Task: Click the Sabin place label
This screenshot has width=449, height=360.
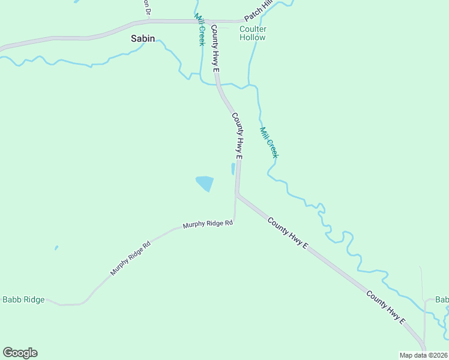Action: (x=143, y=38)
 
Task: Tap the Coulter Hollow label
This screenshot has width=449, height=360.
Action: (x=253, y=33)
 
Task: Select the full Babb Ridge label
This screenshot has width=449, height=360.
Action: (x=23, y=299)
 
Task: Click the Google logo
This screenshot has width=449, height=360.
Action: (x=20, y=353)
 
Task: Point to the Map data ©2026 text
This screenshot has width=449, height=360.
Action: (x=423, y=355)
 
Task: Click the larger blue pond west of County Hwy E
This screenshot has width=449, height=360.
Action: (x=204, y=183)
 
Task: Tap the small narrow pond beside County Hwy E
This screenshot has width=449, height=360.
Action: (x=233, y=169)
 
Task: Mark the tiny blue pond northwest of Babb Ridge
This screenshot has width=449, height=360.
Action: (x=56, y=247)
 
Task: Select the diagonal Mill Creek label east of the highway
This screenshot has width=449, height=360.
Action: (x=269, y=143)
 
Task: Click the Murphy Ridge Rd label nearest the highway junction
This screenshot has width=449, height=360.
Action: (x=208, y=224)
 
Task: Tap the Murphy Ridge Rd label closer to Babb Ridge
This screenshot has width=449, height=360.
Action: (x=130, y=259)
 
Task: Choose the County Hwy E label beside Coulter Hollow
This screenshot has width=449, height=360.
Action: (x=215, y=49)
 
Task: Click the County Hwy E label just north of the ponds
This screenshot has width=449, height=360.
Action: (x=238, y=136)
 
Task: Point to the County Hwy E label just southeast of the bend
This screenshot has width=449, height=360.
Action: (x=288, y=233)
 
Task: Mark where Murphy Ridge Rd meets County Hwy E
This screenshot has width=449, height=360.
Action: (x=237, y=194)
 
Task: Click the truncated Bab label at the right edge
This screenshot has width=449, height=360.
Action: (x=442, y=299)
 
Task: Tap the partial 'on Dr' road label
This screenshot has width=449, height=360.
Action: (x=146, y=8)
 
